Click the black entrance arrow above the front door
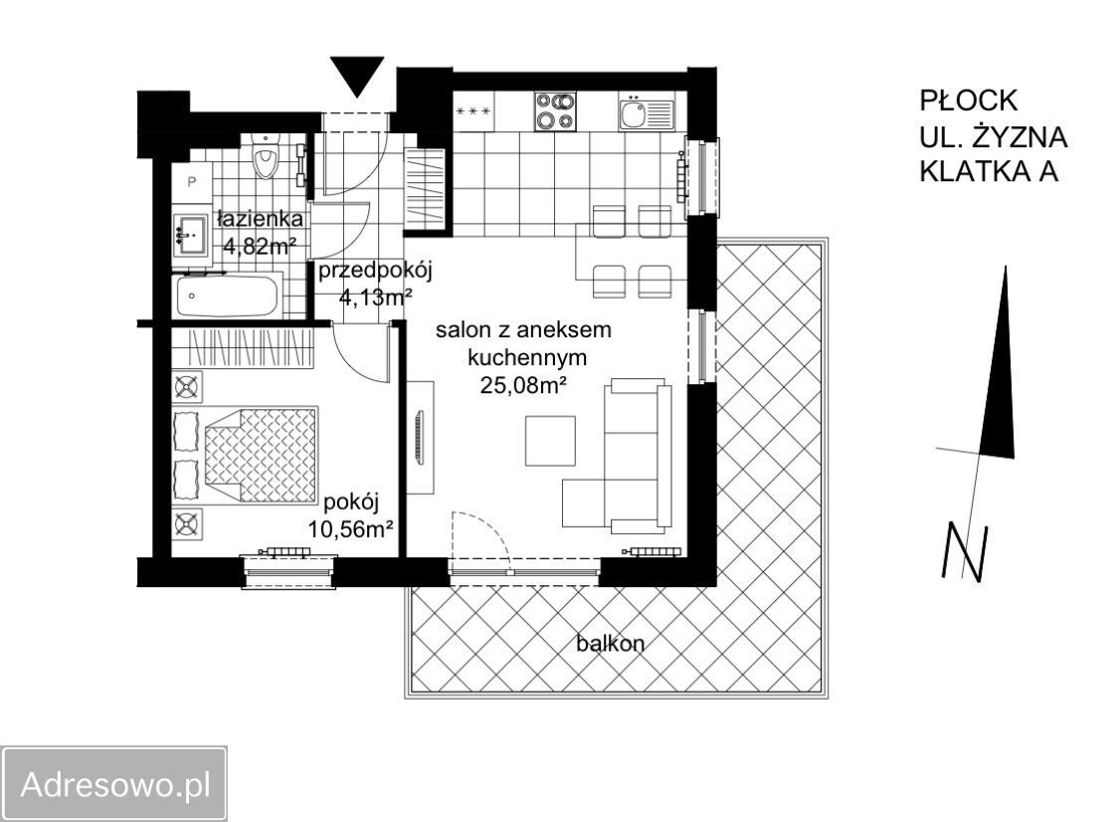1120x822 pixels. tap(357, 75)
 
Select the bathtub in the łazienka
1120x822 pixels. tap(227, 297)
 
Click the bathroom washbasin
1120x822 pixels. tap(190, 234)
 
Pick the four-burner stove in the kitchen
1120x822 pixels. tap(555, 111)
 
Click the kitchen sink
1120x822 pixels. tap(646, 112)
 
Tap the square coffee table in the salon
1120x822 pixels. tap(550, 440)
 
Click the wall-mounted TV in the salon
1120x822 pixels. tap(420, 438)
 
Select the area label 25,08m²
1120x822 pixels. tap(523, 385)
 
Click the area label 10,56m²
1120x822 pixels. tap(351, 529)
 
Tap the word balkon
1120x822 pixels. tap(611, 643)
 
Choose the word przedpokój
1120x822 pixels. tap(376, 272)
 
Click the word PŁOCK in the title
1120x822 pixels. tap(969, 101)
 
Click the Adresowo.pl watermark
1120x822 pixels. tap(115, 785)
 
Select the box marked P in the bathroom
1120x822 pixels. tap(191, 182)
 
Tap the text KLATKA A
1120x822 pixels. tap(989, 171)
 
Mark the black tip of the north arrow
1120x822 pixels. tap(1006, 268)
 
